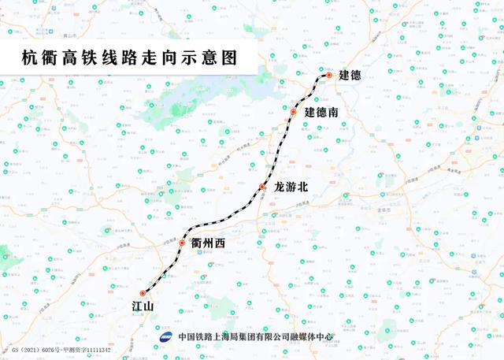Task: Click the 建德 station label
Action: (350, 76)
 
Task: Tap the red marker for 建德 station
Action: (329, 76)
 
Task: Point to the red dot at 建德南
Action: (294, 113)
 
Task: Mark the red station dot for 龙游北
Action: (262, 187)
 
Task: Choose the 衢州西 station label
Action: (208, 243)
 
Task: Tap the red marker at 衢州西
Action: (182, 243)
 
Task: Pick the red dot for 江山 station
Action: (143, 294)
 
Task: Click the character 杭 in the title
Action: (29, 58)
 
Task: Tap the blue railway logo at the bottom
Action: (167, 336)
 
